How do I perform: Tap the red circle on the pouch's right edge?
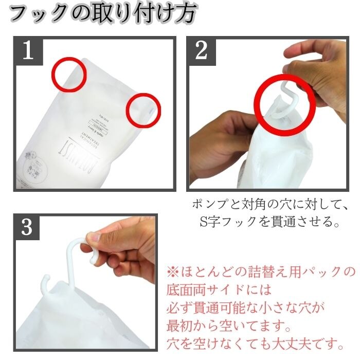tap(143, 110)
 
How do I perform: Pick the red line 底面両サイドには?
tap(219, 289)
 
